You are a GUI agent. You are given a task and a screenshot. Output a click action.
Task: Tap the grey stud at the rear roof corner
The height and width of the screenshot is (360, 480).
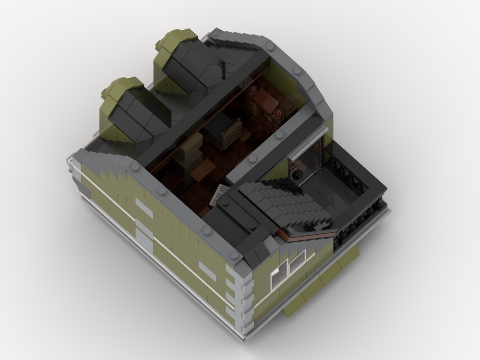pos(271,47)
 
